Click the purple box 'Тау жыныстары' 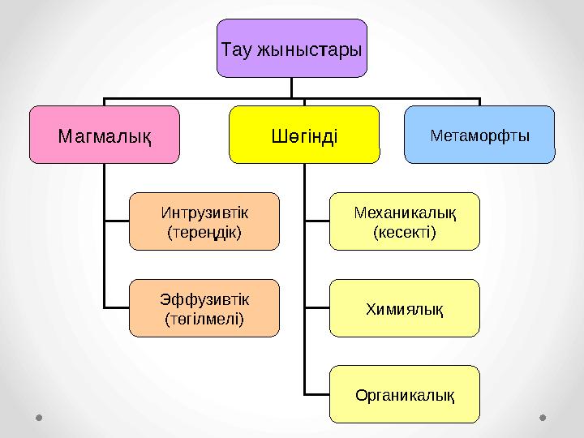(x=291, y=49)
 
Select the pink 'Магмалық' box (x=105, y=134)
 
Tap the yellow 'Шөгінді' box (x=304, y=134)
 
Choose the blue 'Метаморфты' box (x=479, y=134)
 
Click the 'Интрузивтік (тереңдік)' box (x=204, y=221)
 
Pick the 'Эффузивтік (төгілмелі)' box (x=204, y=308)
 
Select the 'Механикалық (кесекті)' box (x=404, y=221)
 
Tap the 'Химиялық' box (x=404, y=308)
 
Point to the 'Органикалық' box (x=404, y=395)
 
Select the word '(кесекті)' (x=404, y=233)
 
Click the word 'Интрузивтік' (x=204, y=213)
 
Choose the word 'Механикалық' (x=404, y=213)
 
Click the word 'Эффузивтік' (x=204, y=300)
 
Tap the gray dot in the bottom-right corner (x=543, y=418)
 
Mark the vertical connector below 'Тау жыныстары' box (x=291, y=88)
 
